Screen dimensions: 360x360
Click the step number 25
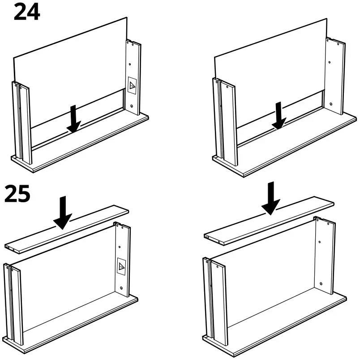point(17,194)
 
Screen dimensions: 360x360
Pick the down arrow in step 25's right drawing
point(271,198)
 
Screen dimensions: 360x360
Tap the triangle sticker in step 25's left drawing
point(121,266)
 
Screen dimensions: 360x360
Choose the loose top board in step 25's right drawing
point(269,220)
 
